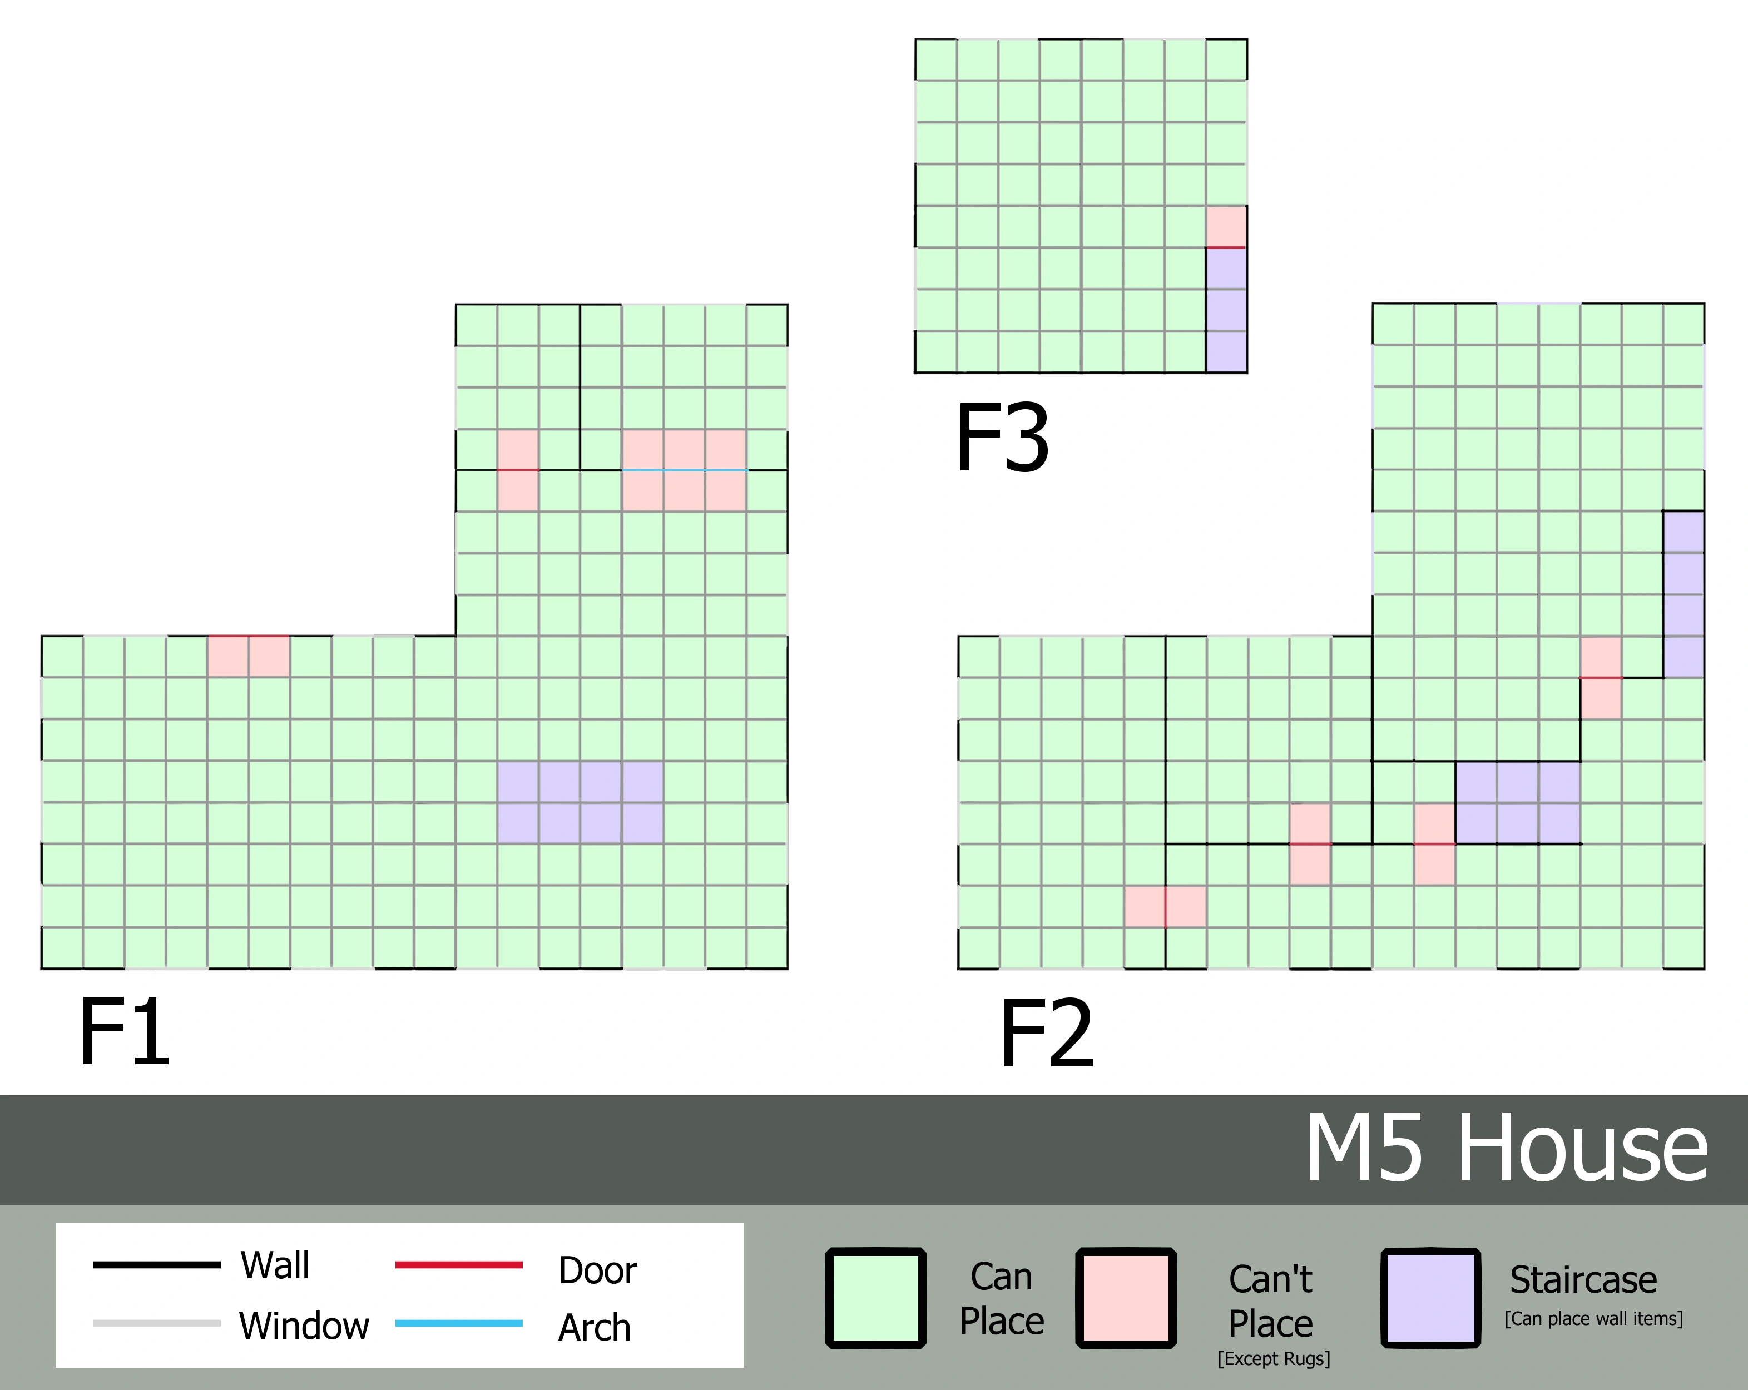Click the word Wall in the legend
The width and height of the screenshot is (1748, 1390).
tap(275, 1265)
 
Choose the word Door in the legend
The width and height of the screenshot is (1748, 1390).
tap(597, 1270)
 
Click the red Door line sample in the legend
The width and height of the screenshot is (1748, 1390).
tap(459, 1264)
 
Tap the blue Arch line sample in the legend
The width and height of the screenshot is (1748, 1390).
tap(459, 1323)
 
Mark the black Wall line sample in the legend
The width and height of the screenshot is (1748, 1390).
tap(156, 1264)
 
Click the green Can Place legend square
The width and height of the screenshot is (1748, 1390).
tap(875, 1298)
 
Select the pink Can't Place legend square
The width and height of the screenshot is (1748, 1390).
tap(1126, 1298)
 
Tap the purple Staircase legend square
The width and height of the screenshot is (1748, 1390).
tap(1431, 1298)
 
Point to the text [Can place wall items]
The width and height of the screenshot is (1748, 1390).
tap(1594, 1319)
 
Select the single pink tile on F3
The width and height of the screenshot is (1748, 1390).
tap(1226, 226)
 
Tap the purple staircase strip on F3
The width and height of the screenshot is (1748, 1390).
tap(1226, 310)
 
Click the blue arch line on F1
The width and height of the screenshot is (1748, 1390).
tap(684, 470)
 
